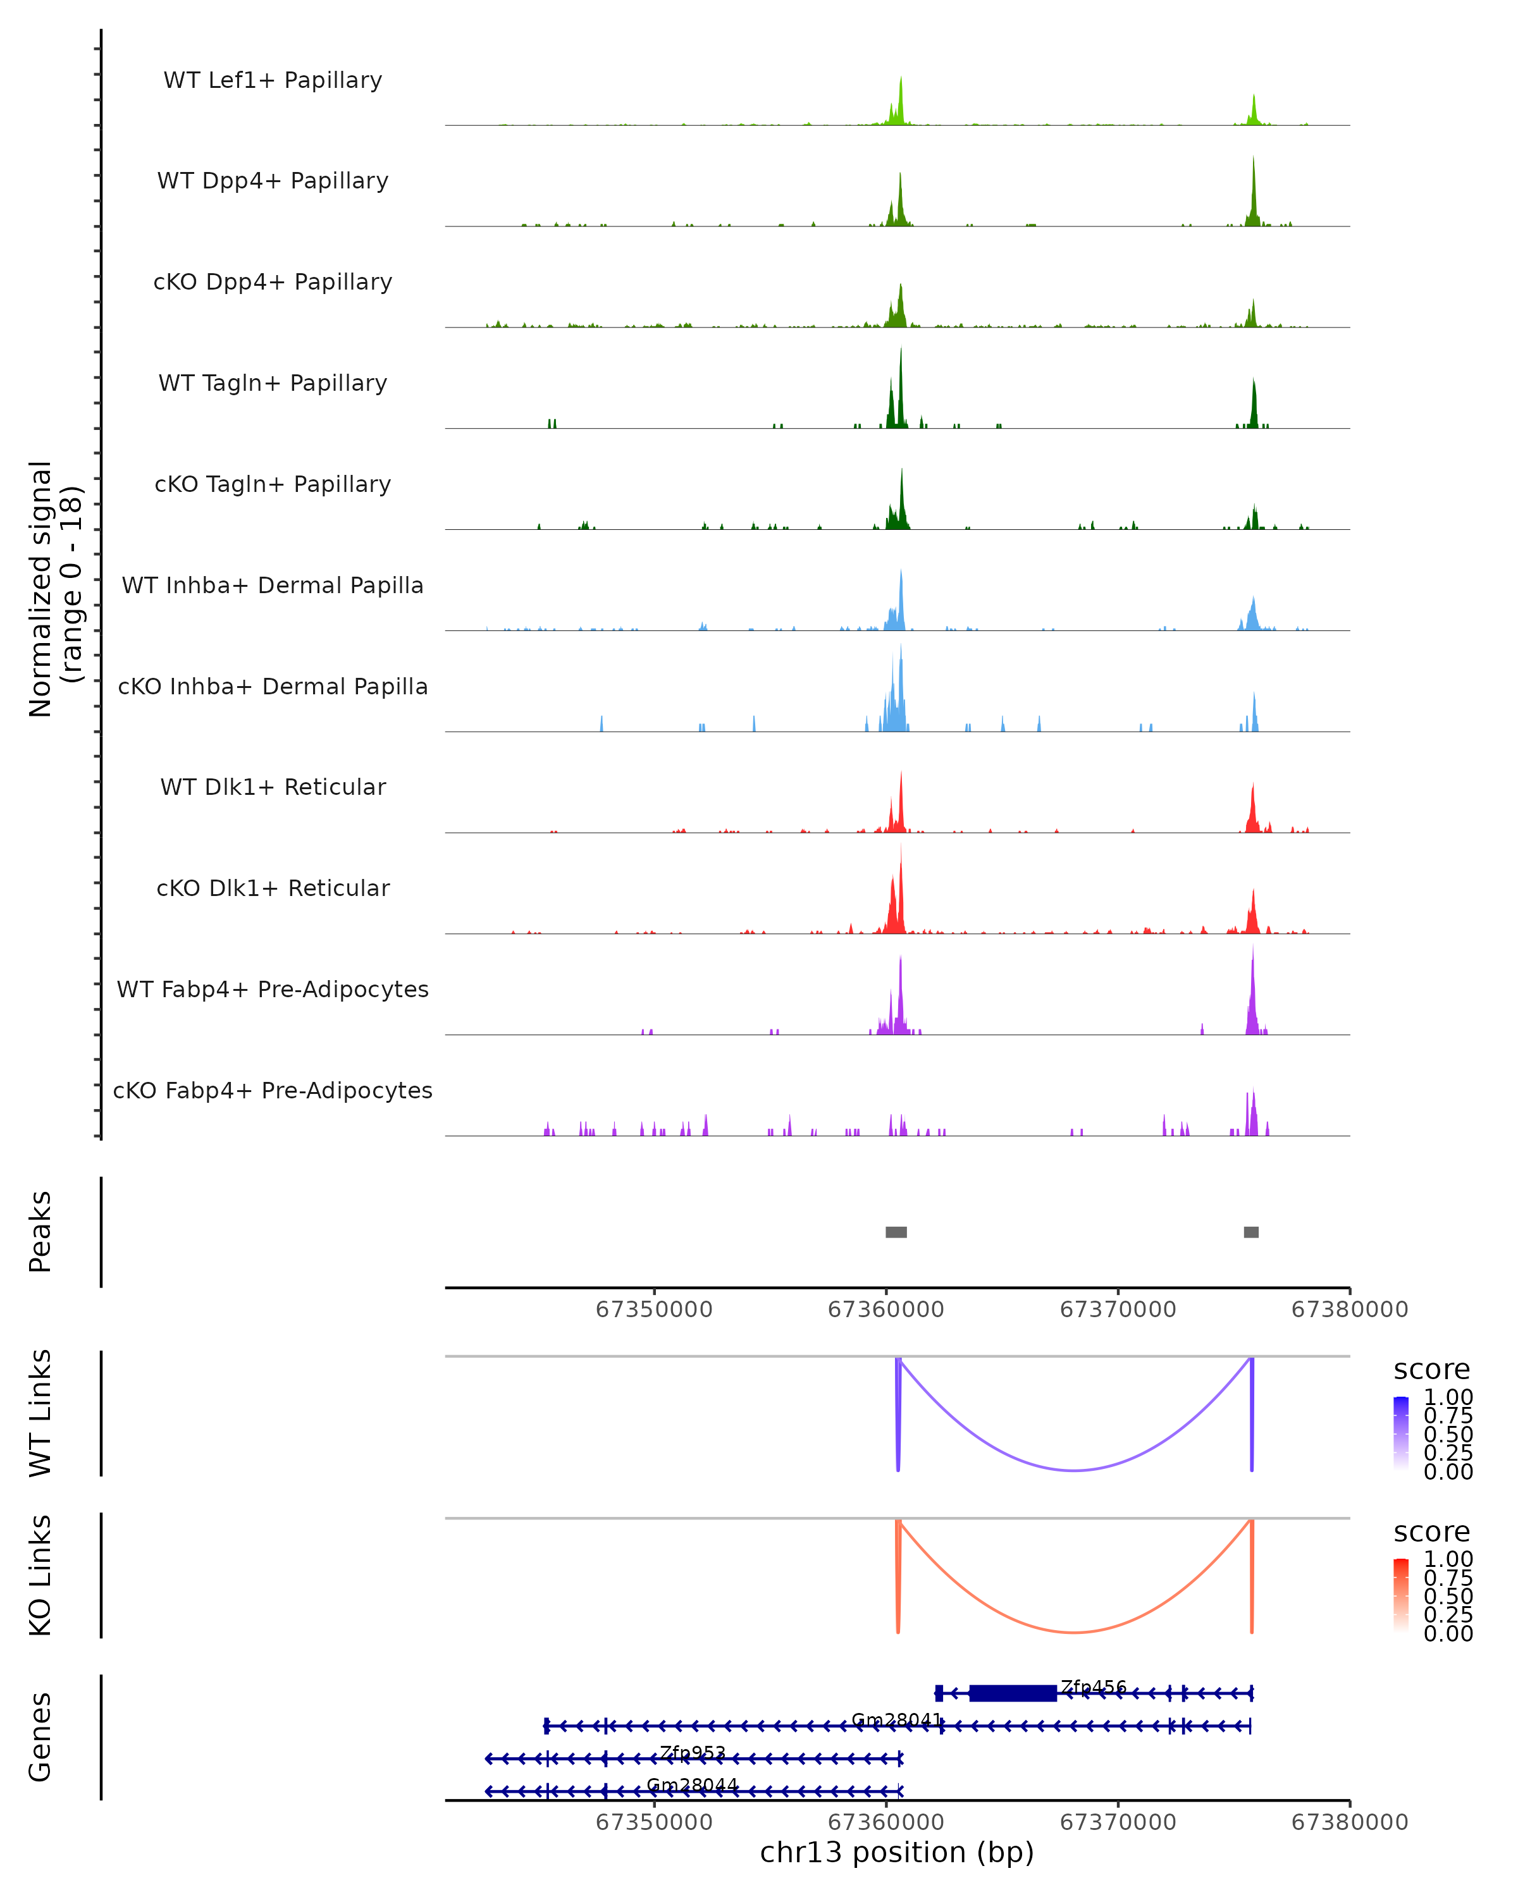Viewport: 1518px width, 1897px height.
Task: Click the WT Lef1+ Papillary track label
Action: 273,80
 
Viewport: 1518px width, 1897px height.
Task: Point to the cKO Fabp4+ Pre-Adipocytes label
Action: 273,1090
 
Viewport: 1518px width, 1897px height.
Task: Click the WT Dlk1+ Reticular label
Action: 273,787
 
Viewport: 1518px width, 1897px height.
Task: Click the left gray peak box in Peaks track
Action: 896,1232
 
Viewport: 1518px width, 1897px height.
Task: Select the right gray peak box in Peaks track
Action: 1250,1232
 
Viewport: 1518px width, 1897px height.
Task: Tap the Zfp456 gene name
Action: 1093,1686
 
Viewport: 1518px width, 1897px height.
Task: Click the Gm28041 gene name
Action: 896,1719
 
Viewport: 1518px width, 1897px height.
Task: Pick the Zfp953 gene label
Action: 693,1752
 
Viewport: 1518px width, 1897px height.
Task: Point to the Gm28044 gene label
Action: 693,1784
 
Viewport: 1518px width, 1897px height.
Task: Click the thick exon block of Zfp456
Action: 1012,1693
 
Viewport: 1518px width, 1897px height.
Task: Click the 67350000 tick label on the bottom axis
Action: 654,1822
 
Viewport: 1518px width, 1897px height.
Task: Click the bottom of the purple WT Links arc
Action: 1075,1470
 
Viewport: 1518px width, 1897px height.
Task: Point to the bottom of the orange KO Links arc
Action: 1075,1632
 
